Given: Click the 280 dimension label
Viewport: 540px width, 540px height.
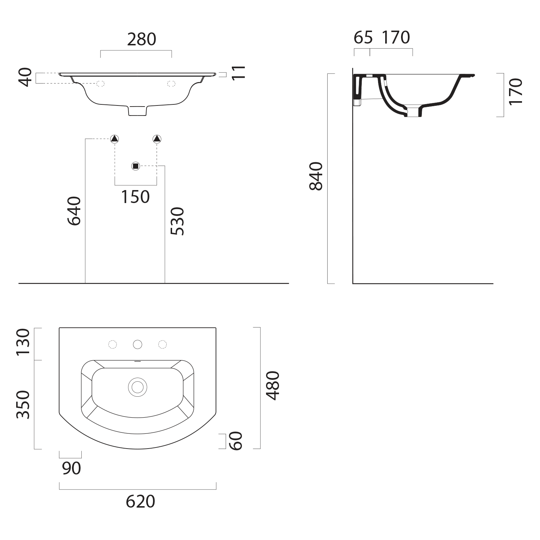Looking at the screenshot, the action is click(x=141, y=39).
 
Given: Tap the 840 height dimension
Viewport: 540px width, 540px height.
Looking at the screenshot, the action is click(x=316, y=176).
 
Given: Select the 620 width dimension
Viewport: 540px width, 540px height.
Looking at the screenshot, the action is click(x=140, y=501).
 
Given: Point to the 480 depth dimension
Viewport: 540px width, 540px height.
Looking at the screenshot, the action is click(x=272, y=386).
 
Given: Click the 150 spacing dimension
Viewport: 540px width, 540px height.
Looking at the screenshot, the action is click(x=135, y=197).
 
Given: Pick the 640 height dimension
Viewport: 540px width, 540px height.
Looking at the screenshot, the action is click(x=74, y=211).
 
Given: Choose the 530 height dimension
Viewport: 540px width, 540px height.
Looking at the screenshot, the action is click(x=177, y=221).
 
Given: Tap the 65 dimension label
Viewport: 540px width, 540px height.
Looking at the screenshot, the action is click(x=363, y=37).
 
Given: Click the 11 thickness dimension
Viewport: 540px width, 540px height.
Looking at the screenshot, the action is click(x=238, y=72).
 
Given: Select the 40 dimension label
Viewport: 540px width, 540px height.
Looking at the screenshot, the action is click(x=25, y=77).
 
